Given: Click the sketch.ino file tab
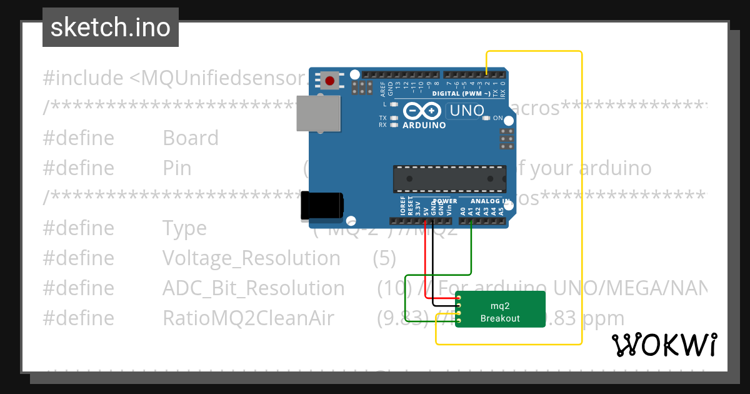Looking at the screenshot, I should pos(111,28).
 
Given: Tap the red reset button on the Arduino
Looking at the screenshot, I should pos(329,80).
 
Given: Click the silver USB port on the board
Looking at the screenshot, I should pos(318,113).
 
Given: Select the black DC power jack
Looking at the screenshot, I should pos(321,206).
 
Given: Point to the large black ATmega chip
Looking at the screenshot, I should pos(449,179).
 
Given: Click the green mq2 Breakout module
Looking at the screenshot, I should pos(499,309).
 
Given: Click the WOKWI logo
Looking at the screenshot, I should pos(664,345).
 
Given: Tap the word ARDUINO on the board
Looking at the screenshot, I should pos(424,125).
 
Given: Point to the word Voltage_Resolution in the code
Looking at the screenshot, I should pos(251,258).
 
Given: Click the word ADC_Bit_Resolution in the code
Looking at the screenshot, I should pos(253,288).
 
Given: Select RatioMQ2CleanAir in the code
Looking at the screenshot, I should pos(248,318).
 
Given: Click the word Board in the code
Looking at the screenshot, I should pos(191,138).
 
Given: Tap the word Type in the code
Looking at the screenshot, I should pos(184,228).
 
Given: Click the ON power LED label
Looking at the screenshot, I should pos(498,118).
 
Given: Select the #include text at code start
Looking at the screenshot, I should pos(83,78).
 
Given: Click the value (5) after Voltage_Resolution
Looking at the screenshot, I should pos(384,258).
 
